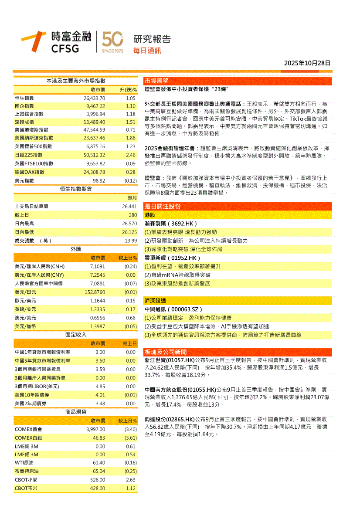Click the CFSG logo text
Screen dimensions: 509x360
[x=65, y=48]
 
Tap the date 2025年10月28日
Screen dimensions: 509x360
[x=307, y=63]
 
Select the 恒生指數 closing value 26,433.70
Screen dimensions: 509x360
[x=94, y=98]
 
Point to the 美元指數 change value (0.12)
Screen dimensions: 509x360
[x=131, y=180]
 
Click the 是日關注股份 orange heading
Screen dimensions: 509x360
[x=163, y=207]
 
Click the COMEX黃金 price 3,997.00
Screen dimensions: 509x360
[x=95, y=429]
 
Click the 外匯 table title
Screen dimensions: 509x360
[x=76, y=249]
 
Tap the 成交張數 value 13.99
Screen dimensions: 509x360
[x=131, y=241]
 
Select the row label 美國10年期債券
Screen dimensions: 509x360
[x=32, y=395]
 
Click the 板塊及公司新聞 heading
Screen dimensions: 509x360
[x=166, y=352]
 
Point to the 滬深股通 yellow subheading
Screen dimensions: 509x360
[x=155, y=301]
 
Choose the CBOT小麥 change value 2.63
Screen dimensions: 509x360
[x=131, y=480]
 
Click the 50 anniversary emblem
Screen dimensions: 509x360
[x=112, y=41]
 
